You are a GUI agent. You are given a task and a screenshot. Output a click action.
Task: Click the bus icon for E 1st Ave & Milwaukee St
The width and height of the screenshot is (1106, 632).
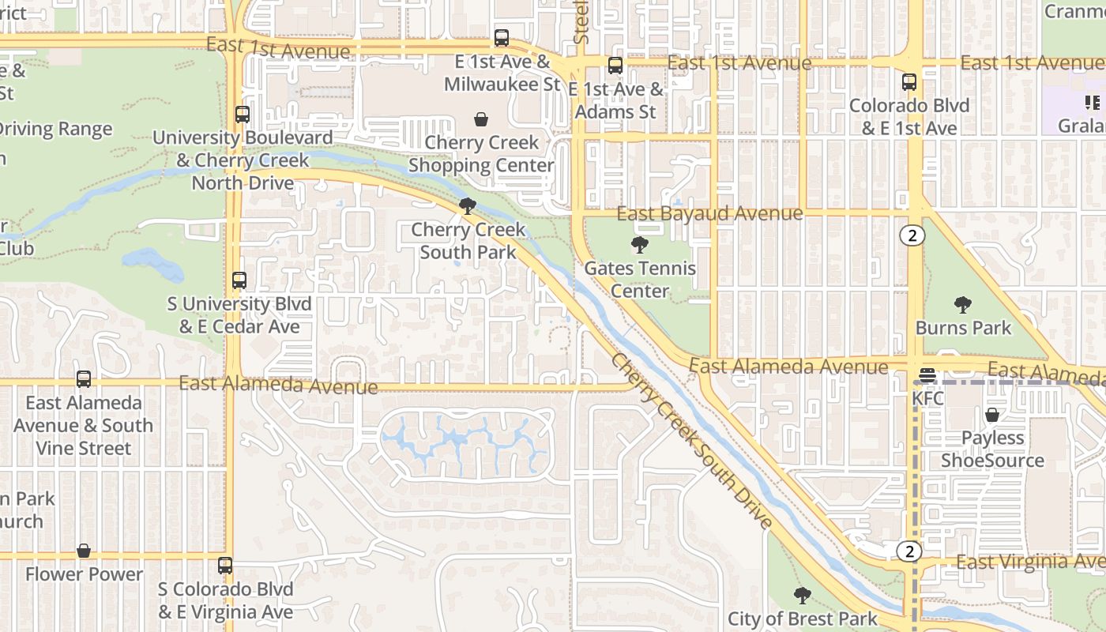coord(502,37)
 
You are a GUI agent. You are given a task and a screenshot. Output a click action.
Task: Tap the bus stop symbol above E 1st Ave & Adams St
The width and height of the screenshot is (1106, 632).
coord(615,66)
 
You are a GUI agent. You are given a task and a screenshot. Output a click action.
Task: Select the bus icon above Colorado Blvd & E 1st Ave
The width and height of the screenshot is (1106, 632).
coord(909,81)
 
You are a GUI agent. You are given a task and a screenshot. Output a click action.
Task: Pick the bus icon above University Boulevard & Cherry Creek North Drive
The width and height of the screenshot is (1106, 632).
coord(243,115)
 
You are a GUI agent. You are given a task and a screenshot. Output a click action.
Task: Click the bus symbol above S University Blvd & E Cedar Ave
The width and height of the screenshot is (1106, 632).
coord(239,280)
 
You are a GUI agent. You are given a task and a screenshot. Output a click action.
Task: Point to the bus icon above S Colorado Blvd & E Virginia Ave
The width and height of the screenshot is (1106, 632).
coord(225,566)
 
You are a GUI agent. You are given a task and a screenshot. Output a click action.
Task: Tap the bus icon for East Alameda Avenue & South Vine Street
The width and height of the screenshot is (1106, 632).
coord(84,379)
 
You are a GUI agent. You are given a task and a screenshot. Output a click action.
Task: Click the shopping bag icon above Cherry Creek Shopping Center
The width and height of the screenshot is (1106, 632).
coord(480,119)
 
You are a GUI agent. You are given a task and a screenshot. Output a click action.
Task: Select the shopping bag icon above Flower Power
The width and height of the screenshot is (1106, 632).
coord(84,551)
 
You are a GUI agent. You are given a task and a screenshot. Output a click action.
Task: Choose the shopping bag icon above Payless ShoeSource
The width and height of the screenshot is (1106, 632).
coord(992,415)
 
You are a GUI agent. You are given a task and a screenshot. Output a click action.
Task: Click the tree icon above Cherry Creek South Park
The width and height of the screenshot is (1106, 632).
coord(468,206)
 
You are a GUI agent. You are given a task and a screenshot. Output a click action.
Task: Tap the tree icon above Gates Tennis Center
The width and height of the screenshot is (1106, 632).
coord(640,245)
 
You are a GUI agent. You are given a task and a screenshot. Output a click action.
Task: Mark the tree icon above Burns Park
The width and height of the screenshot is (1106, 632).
coord(962,304)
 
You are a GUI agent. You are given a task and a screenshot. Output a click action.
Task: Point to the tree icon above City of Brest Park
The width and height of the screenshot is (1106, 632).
coord(802,595)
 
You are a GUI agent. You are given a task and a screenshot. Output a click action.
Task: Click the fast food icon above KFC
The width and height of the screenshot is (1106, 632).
coord(927,375)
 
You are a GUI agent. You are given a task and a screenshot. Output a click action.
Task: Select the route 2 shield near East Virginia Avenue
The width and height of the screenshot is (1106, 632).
coord(910,551)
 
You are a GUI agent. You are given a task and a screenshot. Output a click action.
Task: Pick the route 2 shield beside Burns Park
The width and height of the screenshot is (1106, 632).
coord(912,235)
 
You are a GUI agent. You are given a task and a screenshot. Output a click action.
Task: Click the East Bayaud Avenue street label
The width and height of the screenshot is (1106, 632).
coord(709,213)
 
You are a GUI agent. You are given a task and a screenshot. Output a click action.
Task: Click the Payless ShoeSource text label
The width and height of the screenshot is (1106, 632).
coord(992,449)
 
